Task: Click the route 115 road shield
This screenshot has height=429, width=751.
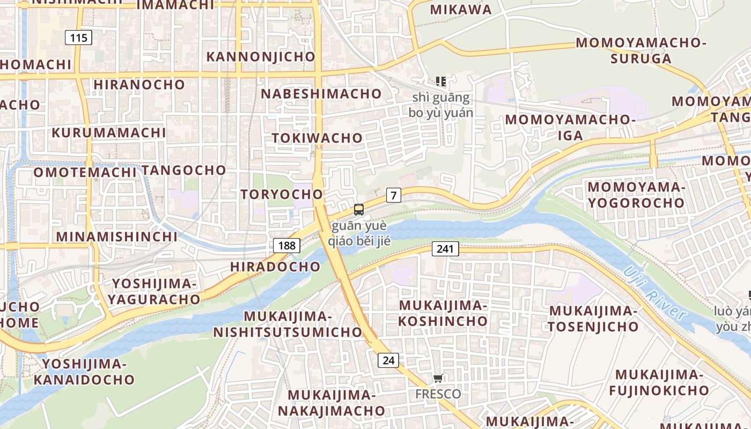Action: pyautogui.click(x=78, y=38)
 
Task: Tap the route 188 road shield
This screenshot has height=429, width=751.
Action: pyautogui.click(x=287, y=246)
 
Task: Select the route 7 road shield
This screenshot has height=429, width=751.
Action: pyautogui.click(x=394, y=195)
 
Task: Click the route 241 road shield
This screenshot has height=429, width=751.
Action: pyautogui.click(x=445, y=248)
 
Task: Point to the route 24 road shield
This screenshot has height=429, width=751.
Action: pyautogui.click(x=388, y=360)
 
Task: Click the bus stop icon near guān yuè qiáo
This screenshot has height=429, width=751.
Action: pyautogui.click(x=359, y=210)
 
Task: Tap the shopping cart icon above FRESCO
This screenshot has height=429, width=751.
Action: pyautogui.click(x=438, y=379)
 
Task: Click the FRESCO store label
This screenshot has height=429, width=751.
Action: pyautogui.click(x=438, y=394)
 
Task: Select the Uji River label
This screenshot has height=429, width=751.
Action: pyautogui.click(x=655, y=294)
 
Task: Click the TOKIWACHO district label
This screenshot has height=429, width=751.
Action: pyautogui.click(x=317, y=138)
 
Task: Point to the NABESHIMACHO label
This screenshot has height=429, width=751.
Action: pyautogui.click(x=321, y=94)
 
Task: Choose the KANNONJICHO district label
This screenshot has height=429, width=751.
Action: pyautogui.click(x=261, y=56)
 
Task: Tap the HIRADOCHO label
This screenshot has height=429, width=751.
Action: pyautogui.click(x=275, y=267)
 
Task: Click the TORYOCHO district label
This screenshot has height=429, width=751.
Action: pyautogui.click(x=282, y=194)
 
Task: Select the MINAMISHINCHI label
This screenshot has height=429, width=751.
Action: pyautogui.click(x=116, y=236)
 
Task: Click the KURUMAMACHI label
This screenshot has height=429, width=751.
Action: pyautogui.click(x=109, y=132)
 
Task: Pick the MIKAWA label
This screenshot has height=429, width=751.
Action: pyautogui.click(x=461, y=9)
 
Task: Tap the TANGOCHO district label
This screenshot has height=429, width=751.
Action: pyautogui.click(x=184, y=170)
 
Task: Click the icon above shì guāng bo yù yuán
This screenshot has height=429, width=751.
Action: pyautogui.click(x=441, y=82)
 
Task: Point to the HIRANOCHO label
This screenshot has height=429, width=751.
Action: pyautogui.click(x=139, y=84)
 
